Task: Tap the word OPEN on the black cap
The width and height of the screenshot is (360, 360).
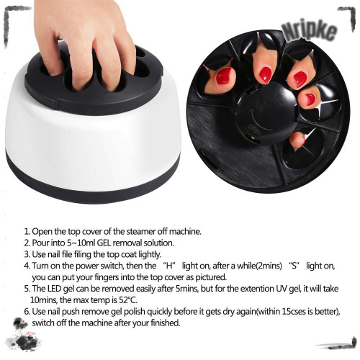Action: click(x=253, y=130)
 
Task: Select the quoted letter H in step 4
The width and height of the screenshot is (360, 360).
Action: click(x=170, y=266)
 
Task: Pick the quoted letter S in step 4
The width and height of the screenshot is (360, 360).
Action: click(x=294, y=266)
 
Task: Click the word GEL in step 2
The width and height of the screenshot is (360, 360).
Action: click(x=104, y=243)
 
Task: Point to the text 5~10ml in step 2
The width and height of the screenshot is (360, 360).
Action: click(x=81, y=243)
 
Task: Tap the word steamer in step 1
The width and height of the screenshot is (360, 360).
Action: click(x=140, y=232)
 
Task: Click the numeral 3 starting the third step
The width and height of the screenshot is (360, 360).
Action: click(x=27, y=254)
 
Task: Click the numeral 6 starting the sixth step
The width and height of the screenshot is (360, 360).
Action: click(x=27, y=312)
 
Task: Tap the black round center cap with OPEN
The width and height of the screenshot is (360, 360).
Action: click(x=266, y=113)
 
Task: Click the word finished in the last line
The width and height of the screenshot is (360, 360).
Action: click(x=166, y=323)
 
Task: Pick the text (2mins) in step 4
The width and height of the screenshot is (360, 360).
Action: click(x=269, y=266)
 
